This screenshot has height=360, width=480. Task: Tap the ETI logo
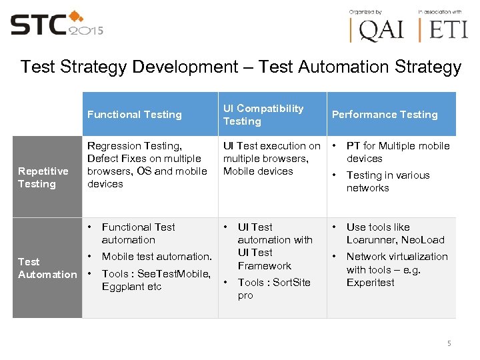coord(444,30)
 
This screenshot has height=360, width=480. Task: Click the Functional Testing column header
coord(134,115)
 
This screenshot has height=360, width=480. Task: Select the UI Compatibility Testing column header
coord(263,115)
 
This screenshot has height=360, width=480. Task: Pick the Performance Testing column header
coord(385,115)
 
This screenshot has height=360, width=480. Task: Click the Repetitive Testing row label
coord(43,177)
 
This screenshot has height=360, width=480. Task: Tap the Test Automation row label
coord(47,268)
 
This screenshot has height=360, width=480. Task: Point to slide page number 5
coord(449,343)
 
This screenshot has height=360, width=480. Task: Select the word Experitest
coord(371,282)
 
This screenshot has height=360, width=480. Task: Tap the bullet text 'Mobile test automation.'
coord(157,257)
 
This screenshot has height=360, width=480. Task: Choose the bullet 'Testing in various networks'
coord(387,181)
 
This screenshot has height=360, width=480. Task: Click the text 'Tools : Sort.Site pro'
coord(274,289)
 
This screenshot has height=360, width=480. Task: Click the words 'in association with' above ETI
coord(439,12)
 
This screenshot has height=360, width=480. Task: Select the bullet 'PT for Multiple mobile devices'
coord(397,152)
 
